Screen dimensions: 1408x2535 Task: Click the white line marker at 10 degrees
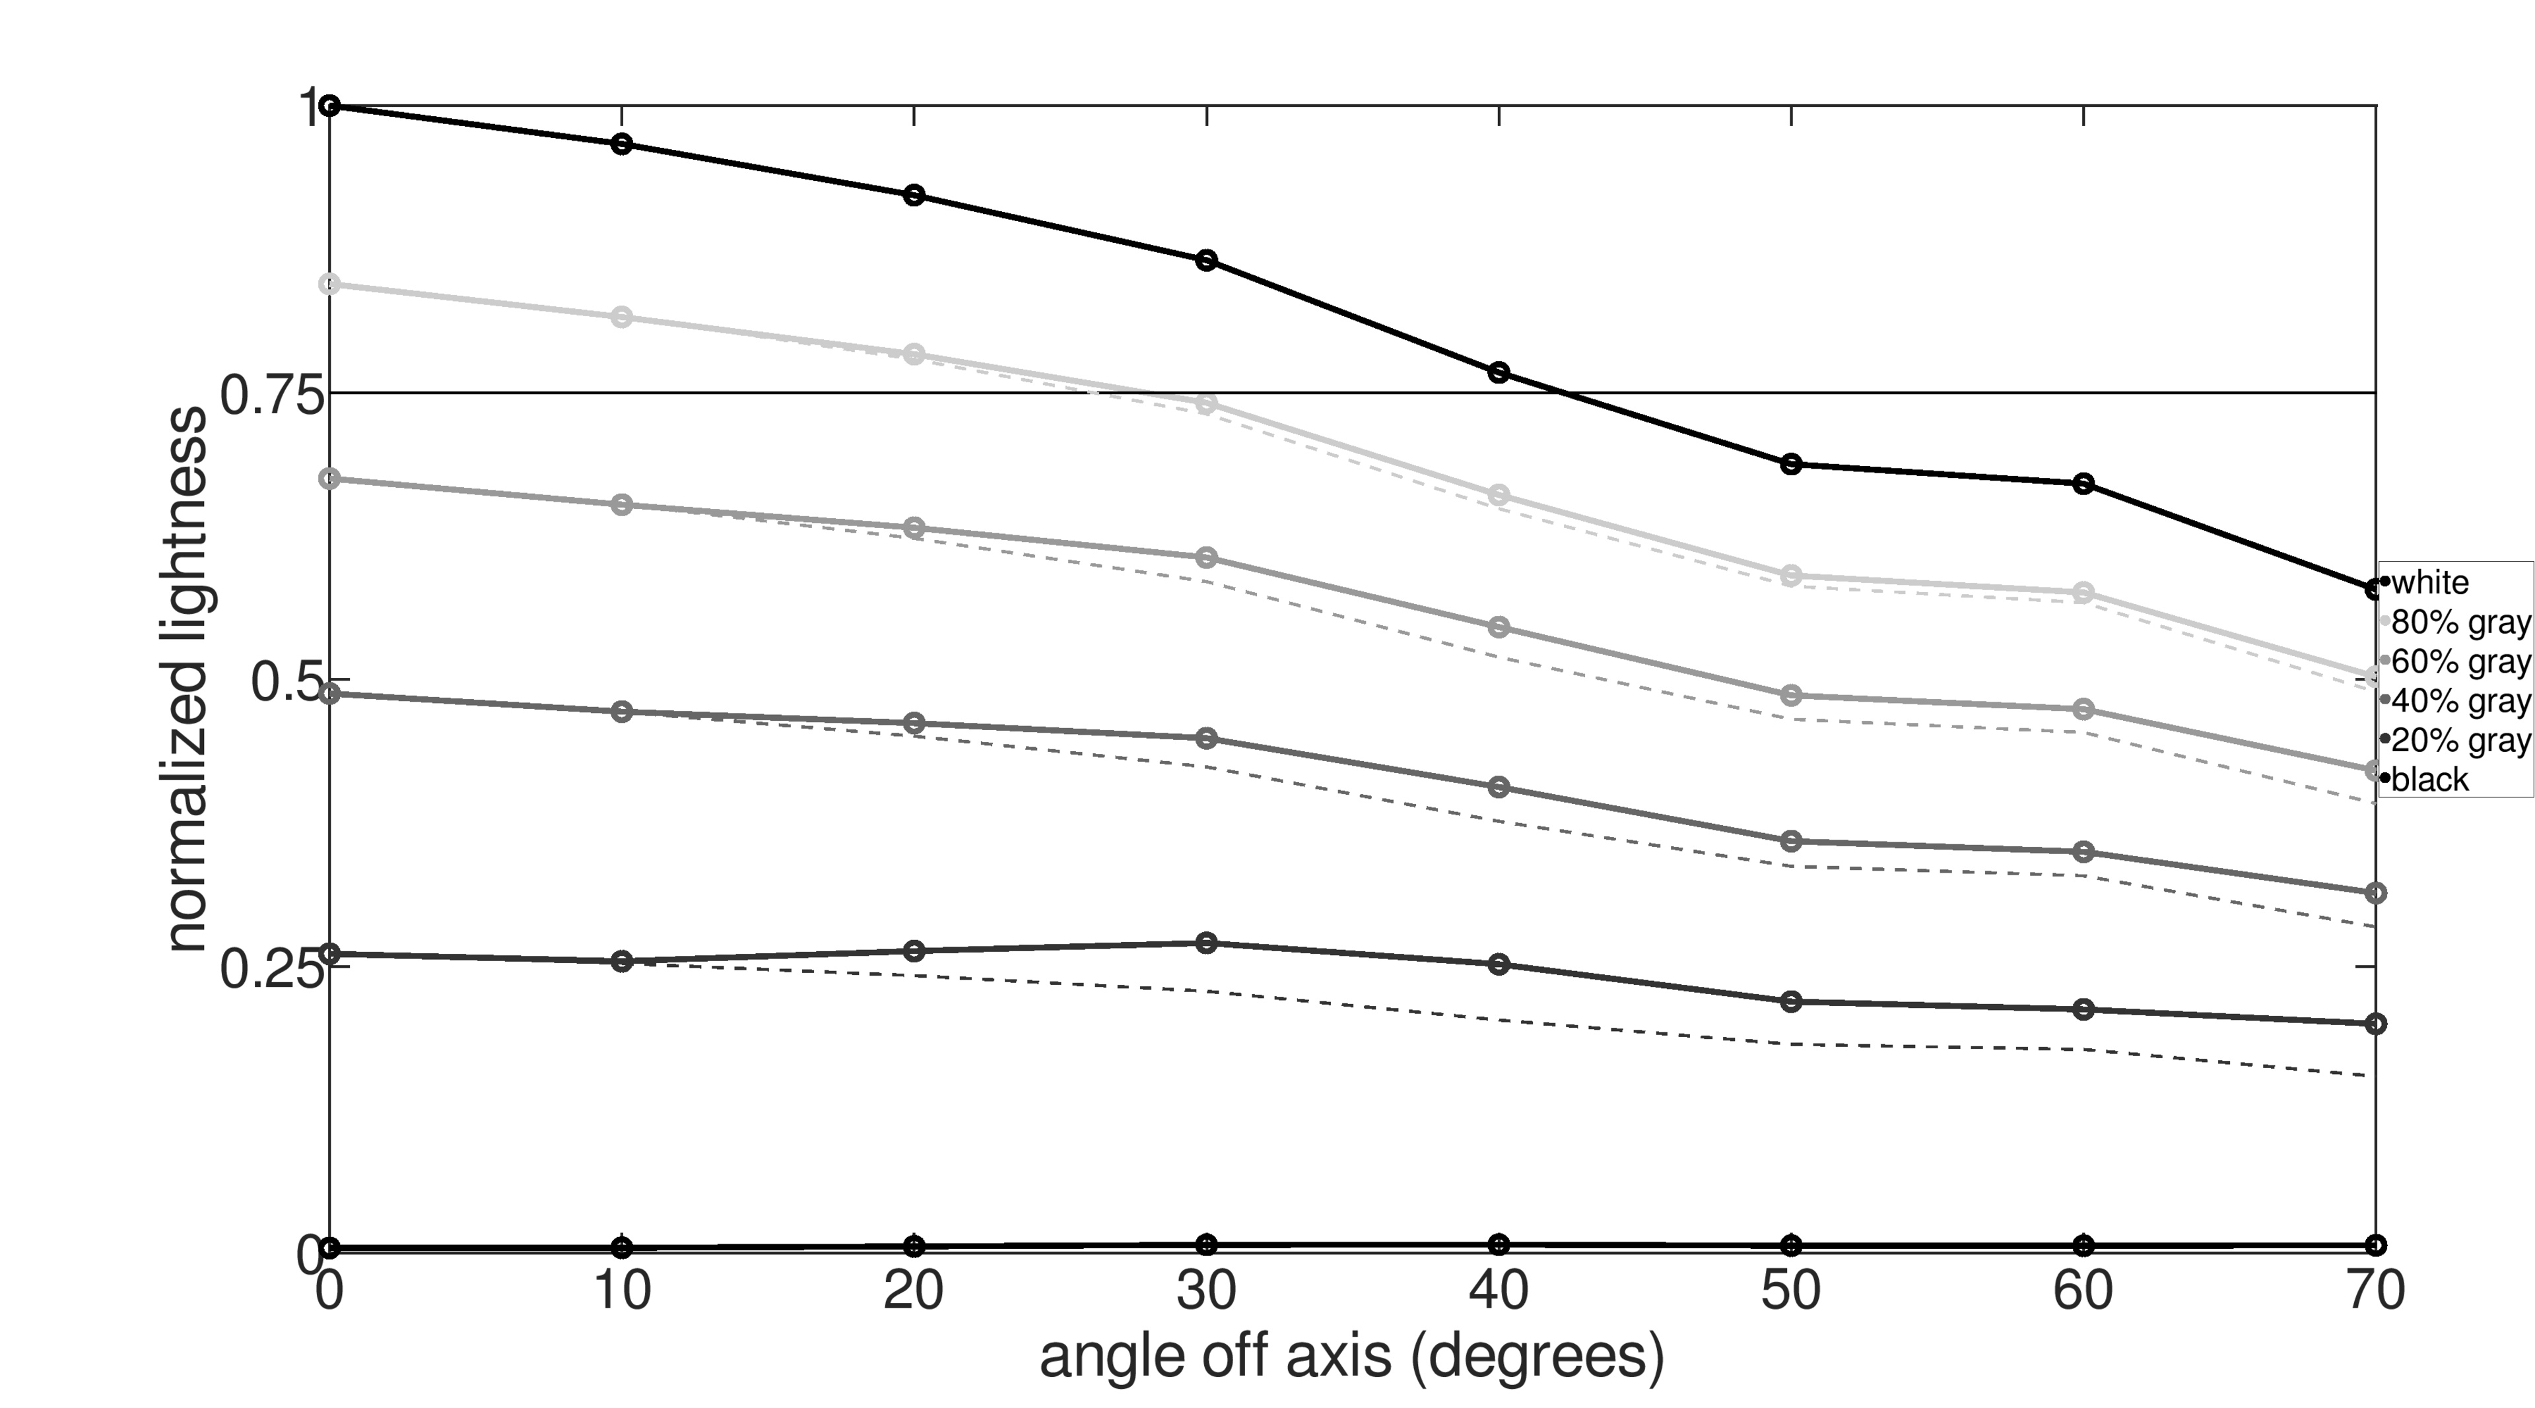622,144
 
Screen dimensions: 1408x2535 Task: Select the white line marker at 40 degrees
1499,372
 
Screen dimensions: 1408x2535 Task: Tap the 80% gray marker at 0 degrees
331,285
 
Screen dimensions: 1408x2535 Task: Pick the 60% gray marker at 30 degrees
1207,558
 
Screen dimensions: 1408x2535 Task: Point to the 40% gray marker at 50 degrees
1791,841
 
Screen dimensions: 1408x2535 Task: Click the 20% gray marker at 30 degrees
1207,943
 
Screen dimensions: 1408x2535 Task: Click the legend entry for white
2429,582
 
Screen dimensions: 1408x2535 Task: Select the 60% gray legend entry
2458,661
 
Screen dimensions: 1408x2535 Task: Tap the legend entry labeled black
2429,780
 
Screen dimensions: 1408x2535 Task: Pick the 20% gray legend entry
2458,740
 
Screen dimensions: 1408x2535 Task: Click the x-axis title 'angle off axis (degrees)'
1352,1357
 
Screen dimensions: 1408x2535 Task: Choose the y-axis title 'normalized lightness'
187,679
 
